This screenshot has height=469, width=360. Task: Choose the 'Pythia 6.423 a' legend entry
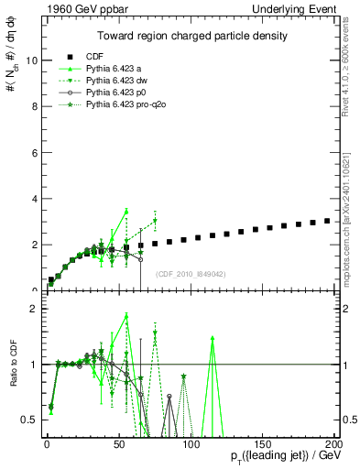[x=114, y=69]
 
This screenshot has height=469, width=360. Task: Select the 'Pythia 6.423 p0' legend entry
[x=115, y=93]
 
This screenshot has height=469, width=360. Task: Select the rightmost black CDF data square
[x=327, y=221]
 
